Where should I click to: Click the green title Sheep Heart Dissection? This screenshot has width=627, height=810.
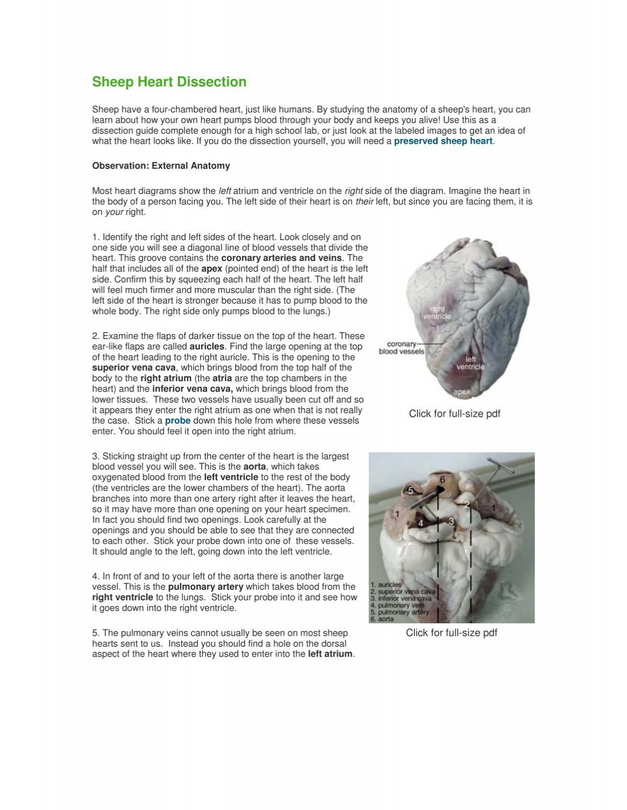(x=169, y=82)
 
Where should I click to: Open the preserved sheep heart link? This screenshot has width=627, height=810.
(x=443, y=141)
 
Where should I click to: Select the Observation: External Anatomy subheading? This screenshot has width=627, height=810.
(x=161, y=166)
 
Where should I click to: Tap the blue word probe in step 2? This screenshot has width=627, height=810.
(x=178, y=420)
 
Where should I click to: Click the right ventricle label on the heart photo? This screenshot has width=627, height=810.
(x=437, y=313)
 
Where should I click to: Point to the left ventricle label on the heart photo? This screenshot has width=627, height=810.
(x=470, y=363)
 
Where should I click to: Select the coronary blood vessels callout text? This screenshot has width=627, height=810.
(x=401, y=348)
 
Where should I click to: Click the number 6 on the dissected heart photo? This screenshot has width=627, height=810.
(x=442, y=480)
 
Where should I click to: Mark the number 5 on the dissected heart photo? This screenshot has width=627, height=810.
(x=411, y=491)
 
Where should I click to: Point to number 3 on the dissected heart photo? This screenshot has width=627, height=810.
(x=451, y=521)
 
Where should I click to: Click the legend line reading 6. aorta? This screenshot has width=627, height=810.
(x=384, y=619)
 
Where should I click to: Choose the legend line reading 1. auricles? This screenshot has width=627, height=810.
(x=387, y=584)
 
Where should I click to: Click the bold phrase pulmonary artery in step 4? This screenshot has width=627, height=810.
(x=205, y=587)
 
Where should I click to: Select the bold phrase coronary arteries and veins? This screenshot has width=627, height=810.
(x=282, y=258)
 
